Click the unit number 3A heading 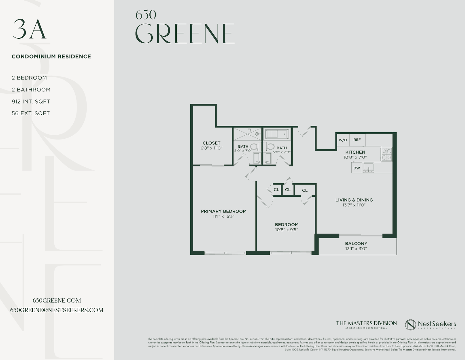[29, 29]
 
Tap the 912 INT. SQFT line [31, 101]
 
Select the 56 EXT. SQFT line [31, 113]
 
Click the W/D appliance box [343, 140]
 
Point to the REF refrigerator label [357, 140]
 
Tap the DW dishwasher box [357, 168]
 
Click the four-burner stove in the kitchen [386, 154]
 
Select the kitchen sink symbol [368, 167]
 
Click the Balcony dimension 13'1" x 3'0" [356, 249]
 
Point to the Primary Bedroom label [223, 211]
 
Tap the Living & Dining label [354, 200]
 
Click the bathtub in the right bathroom [277, 134]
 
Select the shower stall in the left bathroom [247, 133]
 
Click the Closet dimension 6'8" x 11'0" [211, 148]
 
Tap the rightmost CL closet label [305, 190]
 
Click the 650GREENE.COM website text [57, 301]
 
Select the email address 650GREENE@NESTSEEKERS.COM [57, 310]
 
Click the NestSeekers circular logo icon [410, 325]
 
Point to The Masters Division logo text [366, 324]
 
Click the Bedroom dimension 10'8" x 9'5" [286, 230]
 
